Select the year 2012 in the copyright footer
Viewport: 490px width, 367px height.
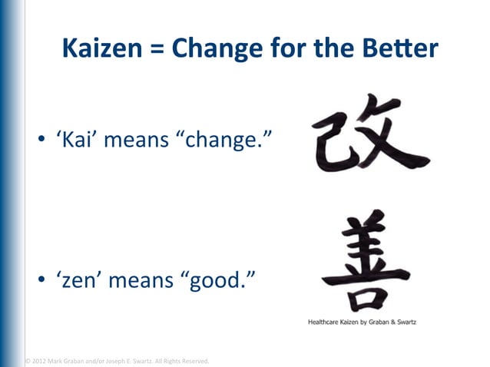(39, 360)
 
